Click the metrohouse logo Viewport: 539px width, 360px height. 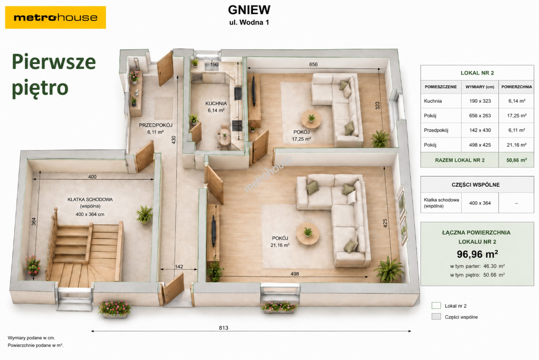(55, 17)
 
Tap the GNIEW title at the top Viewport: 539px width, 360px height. (249, 10)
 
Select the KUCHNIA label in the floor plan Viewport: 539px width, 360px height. (216, 104)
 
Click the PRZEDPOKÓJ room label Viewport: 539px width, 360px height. (156, 125)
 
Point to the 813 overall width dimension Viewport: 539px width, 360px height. (224, 328)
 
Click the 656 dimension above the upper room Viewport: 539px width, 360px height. (313, 65)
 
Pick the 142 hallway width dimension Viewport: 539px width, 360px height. (179, 267)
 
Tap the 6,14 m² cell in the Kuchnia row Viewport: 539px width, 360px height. (517, 101)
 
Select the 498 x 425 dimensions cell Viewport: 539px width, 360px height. (480, 145)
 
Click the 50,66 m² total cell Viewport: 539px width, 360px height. (516, 160)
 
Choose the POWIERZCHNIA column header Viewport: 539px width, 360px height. (517, 87)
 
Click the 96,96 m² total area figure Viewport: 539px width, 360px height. (477, 254)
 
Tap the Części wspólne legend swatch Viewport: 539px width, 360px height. (436, 317)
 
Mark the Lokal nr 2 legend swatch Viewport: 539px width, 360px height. (436, 306)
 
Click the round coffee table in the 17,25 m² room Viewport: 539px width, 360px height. (311, 119)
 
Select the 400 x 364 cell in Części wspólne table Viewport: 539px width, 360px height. (480, 203)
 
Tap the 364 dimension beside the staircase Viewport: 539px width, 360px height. (34, 222)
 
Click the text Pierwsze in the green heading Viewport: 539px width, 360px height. (54, 62)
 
